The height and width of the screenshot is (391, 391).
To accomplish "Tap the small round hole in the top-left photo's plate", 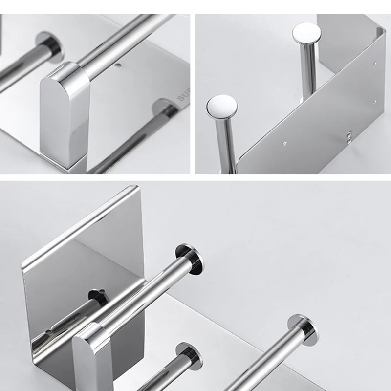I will [x=117, y=65].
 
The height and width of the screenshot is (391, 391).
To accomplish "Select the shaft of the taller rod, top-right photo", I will [x=308, y=73].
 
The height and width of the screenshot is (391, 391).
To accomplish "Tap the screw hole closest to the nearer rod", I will [x=285, y=144].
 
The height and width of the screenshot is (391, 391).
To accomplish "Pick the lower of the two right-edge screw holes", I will [x=375, y=101].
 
